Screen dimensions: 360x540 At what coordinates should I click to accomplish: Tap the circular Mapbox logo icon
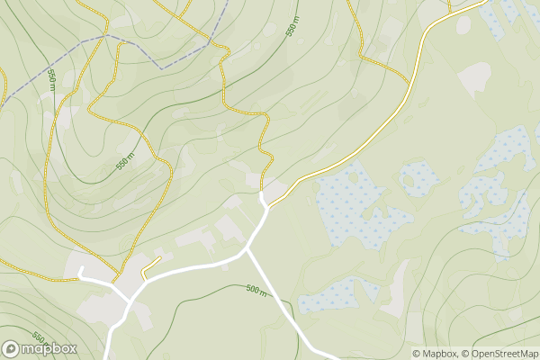[12, 348]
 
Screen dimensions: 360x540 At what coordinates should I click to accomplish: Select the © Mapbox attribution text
[435, 354]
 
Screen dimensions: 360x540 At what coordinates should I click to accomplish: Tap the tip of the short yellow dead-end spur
[159, 257]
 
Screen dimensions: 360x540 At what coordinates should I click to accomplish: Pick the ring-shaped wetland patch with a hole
[416, 178]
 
